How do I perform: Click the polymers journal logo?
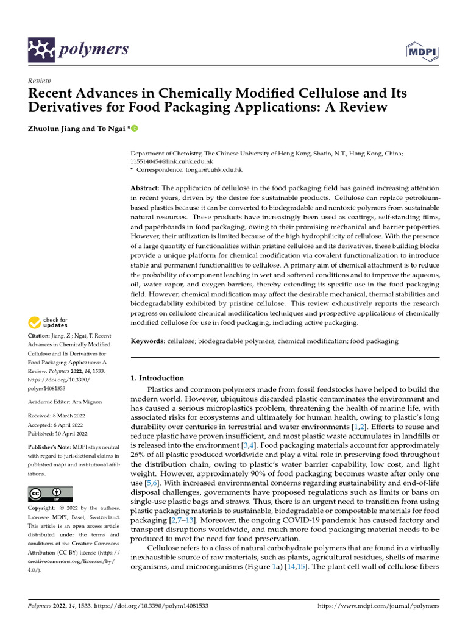[x=79, y=49]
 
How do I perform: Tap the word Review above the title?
[x=40, y=81]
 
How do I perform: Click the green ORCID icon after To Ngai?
[x=135, y=128]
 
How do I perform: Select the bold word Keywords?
[x=148, y=342]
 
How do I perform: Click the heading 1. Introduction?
[x=157, y=378]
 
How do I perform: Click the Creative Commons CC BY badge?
[x=50, y=494]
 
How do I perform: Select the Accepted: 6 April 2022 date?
[x=57, y=425]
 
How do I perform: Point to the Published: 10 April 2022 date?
[x=58, y=434]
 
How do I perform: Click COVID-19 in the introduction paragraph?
[x=282, y=520]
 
